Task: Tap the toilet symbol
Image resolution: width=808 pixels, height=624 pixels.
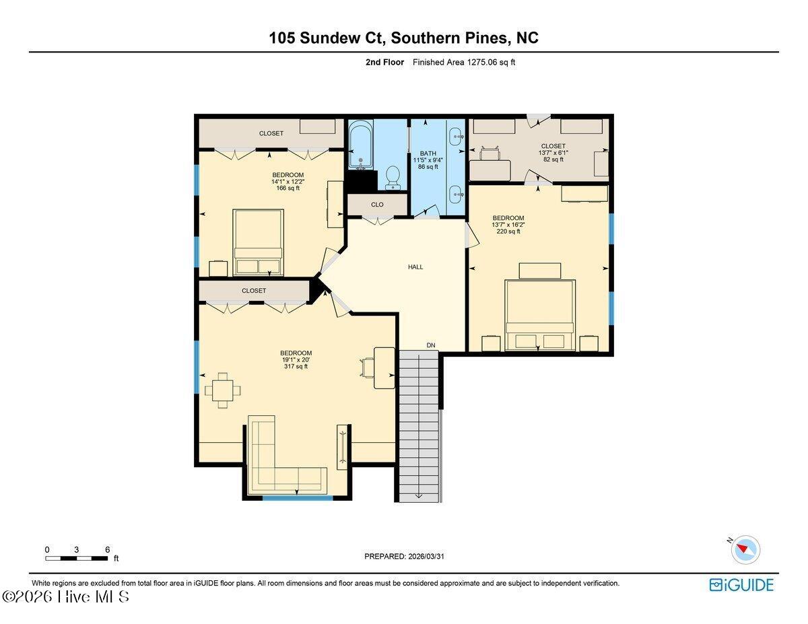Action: (x=393, y=177)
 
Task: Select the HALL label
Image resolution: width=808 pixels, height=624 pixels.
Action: (x=415, y=267)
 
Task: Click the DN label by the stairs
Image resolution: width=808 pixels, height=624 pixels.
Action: (x=430, y=345)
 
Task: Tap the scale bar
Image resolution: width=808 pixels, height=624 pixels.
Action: (x=77, y=558)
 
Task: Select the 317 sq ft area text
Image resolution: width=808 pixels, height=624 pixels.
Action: (x=296, y=366)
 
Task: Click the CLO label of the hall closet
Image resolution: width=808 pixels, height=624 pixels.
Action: (x=377, y=205)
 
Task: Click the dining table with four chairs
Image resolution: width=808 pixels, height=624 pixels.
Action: (x=223, y=390)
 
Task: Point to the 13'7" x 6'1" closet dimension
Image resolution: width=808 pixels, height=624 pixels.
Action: (x=553, y=153)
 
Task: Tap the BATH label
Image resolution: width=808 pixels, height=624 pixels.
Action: (x=428, y=153)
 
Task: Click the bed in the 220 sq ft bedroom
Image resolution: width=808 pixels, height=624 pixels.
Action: (x=540, y=315)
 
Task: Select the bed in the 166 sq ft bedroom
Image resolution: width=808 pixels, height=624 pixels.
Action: (x=259, y=242)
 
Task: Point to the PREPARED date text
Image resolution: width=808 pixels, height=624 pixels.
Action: (x=404, y=557)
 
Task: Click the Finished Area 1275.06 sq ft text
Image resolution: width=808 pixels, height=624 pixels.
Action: (x=464, y=62)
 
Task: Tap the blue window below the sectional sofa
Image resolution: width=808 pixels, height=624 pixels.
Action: (x=298, y=498)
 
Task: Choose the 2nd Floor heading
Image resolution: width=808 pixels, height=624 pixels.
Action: (x=385, y=62)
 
